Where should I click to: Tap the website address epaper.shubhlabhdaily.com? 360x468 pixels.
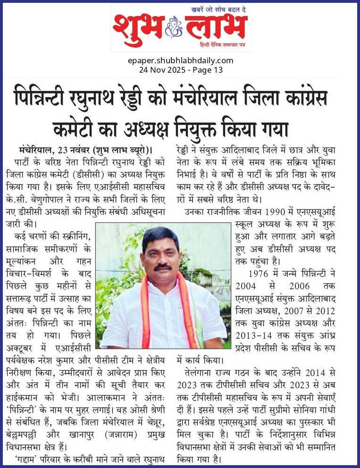pyautogui.click(x=180, y=60)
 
